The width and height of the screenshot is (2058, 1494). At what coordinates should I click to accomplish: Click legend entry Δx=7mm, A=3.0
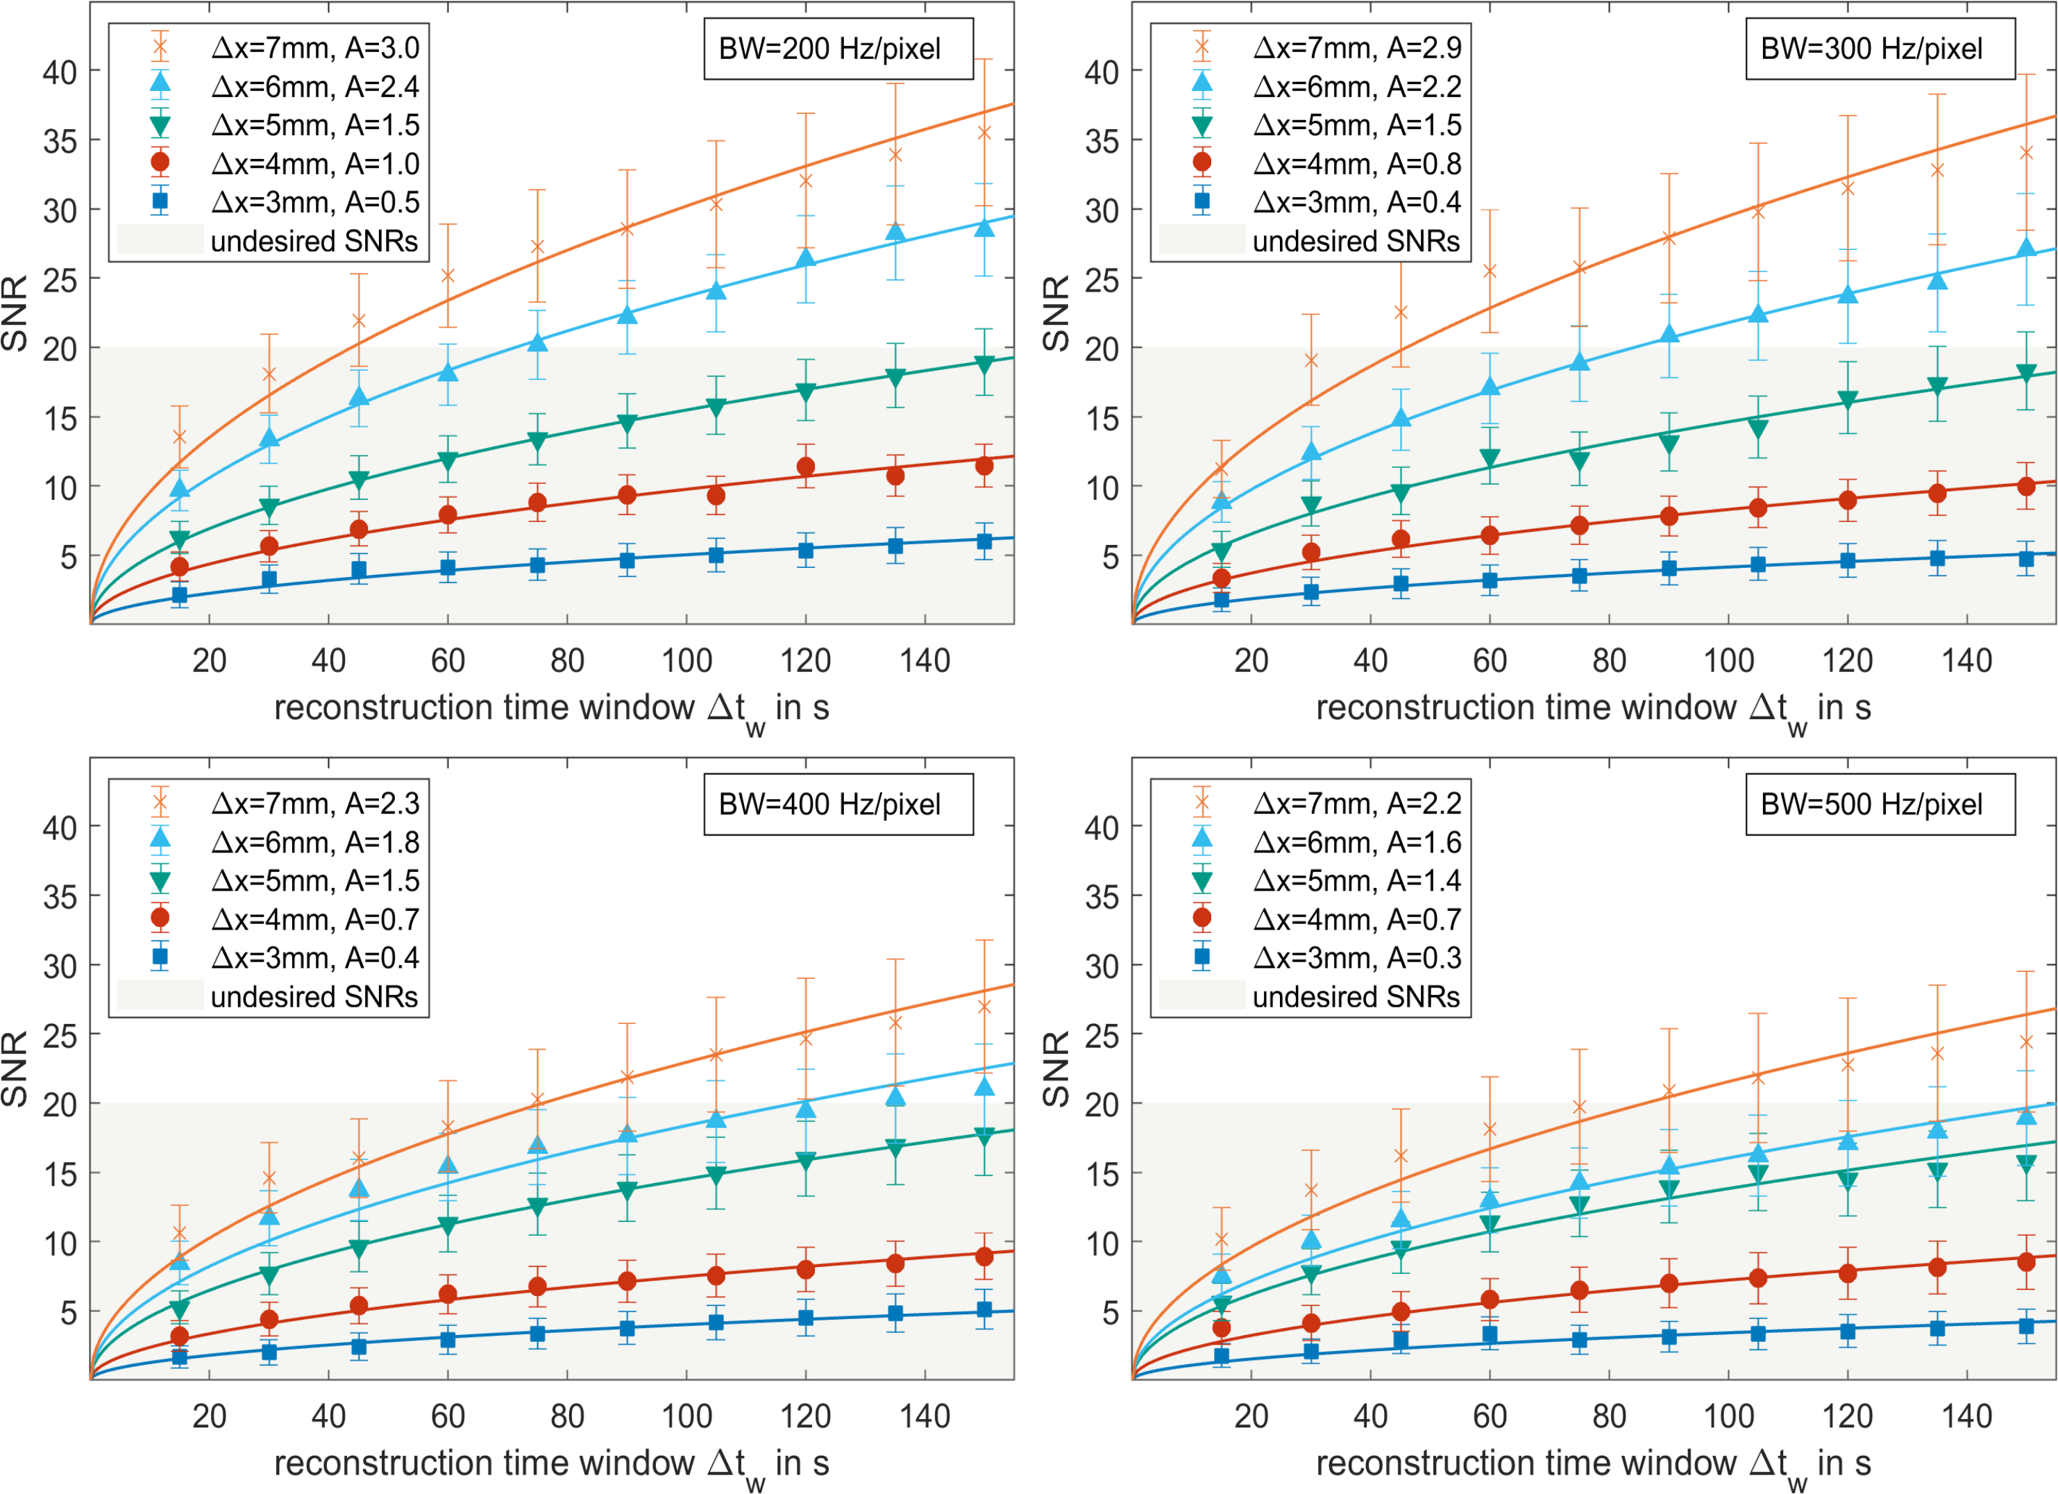tap(315, 47)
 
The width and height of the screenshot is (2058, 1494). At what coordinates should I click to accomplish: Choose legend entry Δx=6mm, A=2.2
tap(1356, 86)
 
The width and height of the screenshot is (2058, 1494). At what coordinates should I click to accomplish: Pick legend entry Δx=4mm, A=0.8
tap(1356, 163)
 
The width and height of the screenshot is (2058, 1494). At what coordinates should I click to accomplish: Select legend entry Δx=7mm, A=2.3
tap(315, 803)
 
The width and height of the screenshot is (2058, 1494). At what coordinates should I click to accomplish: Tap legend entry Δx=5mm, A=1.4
tap(1356, 880)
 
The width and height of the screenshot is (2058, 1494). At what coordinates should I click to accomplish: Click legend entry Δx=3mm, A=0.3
tap(1356, 957)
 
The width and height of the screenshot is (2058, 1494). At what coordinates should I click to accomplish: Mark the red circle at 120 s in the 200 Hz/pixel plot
tap(806, 467)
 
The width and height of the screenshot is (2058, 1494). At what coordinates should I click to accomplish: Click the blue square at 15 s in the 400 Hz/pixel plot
tap(180, 1358)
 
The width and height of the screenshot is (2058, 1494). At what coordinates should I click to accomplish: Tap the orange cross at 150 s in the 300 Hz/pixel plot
tap(2026, 153)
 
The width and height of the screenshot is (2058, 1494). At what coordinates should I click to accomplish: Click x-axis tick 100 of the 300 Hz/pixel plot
tap(1728, 661)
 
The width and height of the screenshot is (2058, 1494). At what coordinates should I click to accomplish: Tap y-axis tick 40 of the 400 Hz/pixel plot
tap(59, 828)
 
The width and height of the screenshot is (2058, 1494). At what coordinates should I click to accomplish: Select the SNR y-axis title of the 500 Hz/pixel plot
tap(1056, 1068)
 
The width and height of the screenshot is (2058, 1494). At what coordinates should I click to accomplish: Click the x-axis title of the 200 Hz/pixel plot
tap(552, 709)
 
